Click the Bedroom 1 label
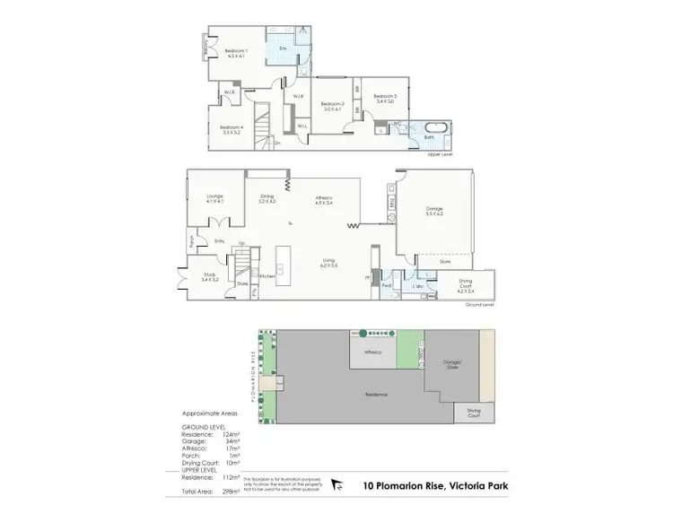click(236, 52)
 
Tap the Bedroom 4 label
click(231, 126)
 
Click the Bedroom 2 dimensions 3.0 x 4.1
click(332, 109)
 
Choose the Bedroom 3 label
click(385, 95)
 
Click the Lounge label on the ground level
click(214, 196)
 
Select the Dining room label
click(267, 196)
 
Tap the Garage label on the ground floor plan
click(434, 209)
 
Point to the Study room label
click(210, 275)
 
